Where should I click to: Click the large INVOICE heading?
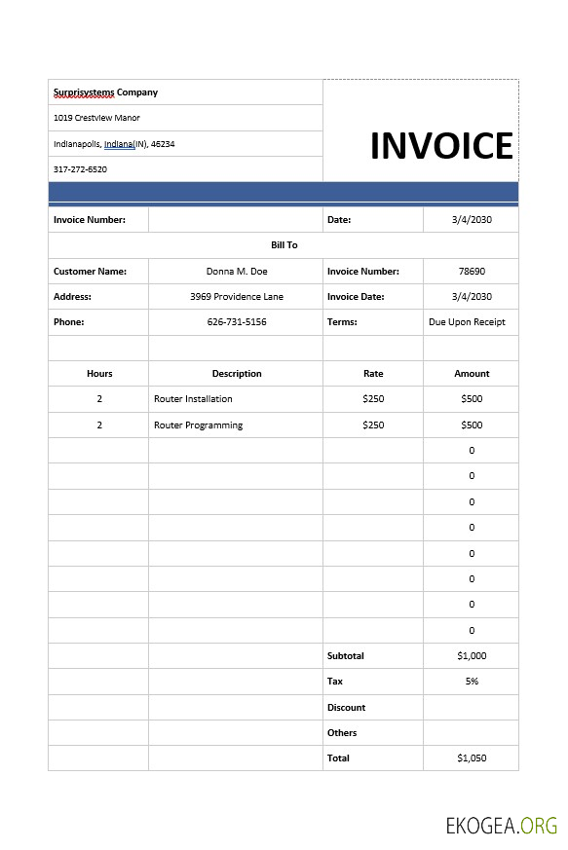441,146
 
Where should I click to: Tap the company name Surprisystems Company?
105,92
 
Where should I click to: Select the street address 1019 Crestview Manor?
96,118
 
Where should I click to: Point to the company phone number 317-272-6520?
80,169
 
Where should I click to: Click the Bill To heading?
284,245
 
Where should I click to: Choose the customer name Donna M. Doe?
236,272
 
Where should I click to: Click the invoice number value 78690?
472,272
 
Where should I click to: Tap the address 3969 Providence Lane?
236,297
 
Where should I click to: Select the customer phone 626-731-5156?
236,322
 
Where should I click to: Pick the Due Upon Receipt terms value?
467,322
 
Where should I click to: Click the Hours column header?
99,374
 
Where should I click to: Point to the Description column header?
237,374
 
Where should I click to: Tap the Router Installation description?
193,399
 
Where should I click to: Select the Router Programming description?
198,425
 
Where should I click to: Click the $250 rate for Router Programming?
373,425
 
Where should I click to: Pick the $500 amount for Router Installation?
472,399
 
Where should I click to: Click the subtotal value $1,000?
472,656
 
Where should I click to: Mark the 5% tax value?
472,682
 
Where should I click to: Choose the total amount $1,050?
472,758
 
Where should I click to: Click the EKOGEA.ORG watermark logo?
501,827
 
